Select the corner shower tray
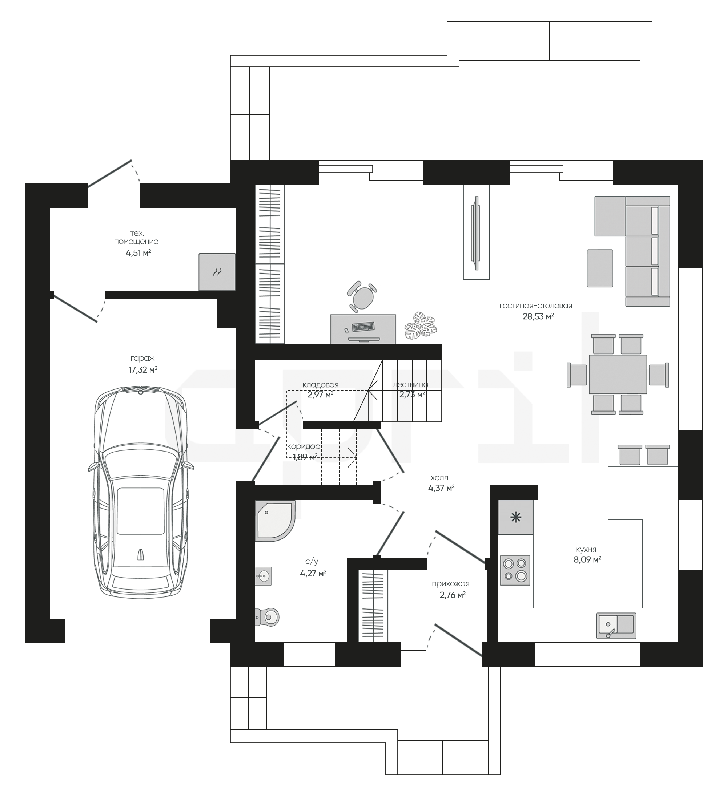(x=275, y=521)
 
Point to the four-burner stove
(x=515, y=570)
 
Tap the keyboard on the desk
(x=363, y=327)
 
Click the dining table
(x=618, y=374)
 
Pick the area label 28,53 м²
(x=538, y=316)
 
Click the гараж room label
(x=142, y=359)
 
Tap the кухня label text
(x=586, y=549)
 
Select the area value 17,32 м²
(x=143, y=370)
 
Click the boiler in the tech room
(x=217, y=272)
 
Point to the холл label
(x=439, y=478)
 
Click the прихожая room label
(x=450, y=583)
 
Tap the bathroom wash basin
(x=263, y=576)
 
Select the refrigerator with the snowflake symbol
(x=515, y=518)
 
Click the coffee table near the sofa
(x=600, y=268)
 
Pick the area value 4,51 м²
(x=138, y=252)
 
